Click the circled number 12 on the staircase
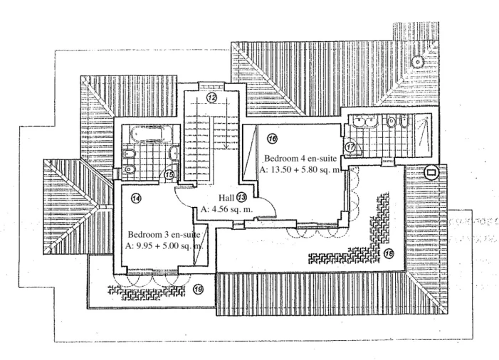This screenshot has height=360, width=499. click(212, 97)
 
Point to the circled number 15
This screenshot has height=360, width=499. click(169, 174)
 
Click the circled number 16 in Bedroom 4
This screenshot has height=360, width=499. click(272, 138)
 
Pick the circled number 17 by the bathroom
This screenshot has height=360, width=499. click(350, 147)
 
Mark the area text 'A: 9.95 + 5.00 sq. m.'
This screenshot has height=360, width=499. click(163, 246)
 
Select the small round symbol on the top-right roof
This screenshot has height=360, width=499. click(418, 61)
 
